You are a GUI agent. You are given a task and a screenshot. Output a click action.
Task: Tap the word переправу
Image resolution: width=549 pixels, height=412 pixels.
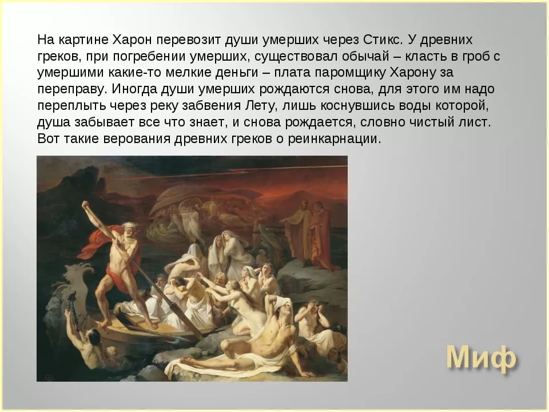[x=72, y=89]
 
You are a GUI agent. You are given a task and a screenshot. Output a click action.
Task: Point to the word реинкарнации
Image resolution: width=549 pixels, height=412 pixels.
[x=335, y=139]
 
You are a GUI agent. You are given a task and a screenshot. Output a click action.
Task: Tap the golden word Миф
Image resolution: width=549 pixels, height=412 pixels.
[x=481, y=358]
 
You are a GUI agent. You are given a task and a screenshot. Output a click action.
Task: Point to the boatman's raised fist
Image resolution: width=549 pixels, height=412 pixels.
[x=86, y=205]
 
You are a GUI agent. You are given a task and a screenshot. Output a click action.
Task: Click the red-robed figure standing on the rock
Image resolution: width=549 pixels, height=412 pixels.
[x=320, y=235]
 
